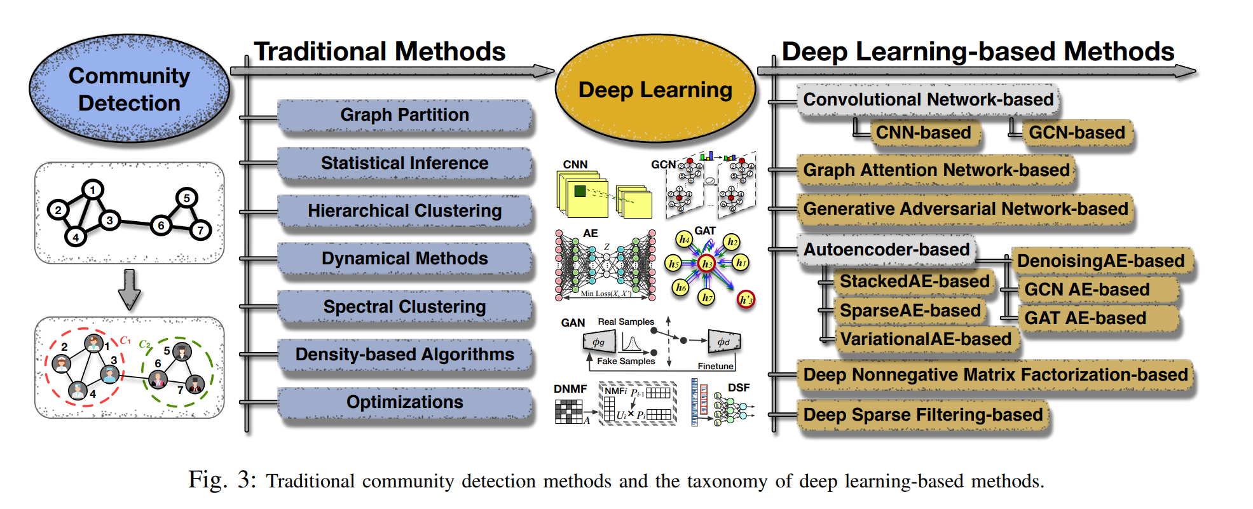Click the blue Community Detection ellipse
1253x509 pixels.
(x=129, y=89)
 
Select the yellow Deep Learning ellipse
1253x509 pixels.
(x=655, y=89)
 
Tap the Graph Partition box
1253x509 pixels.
(x=404, y=115)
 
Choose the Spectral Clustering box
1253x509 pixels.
(x=404, y=307)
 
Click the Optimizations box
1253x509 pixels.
(x=404, y=402)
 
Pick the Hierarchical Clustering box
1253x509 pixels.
(x=404, y=211)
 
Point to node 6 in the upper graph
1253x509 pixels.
(x=161, y=225)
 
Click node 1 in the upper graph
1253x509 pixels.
(x=93, y=189)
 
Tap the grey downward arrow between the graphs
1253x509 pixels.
(x=130, y=289)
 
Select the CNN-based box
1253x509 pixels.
(x=924, y=133)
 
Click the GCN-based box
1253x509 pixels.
(x=1077, y=133)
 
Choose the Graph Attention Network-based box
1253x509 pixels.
(x=936, y=170)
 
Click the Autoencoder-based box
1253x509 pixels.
(x=886, y=250)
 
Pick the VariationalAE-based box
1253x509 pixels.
(x=926, y=339)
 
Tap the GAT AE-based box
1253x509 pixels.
(x=1085, y=318)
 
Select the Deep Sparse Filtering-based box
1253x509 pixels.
(x=922, y=415)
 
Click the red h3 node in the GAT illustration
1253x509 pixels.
(x=706, y=263)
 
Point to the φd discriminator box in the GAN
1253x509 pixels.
(x=723, y=342)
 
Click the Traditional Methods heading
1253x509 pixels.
(x=380, y=51)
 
